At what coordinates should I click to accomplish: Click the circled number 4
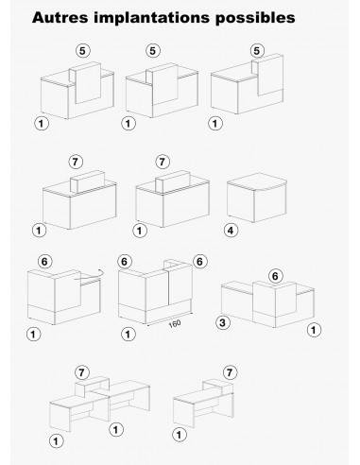(231, 229)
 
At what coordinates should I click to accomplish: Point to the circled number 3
(223, 323)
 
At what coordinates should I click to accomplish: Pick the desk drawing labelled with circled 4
(256, 197)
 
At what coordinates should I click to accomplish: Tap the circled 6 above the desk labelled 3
(275, 275)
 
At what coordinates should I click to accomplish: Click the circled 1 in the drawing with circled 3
(315, 331)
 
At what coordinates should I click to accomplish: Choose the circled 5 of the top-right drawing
(254, 50)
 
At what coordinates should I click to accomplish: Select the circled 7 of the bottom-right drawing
(229, 372)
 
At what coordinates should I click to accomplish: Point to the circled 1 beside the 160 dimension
(127, 334)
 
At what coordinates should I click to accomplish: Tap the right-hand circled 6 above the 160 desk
(199, 261)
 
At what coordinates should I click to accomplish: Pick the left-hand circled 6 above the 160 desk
(125, 261)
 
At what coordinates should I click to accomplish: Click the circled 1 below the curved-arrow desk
(35, 334)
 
